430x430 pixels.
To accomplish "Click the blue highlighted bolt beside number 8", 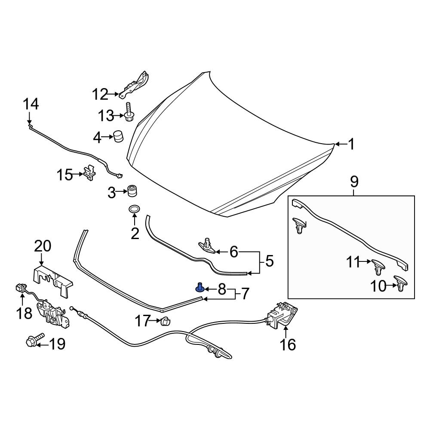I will click(200, 287).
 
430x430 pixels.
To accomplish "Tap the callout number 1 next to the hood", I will click(351, 144).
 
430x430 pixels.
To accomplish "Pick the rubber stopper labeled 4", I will click(117, 137).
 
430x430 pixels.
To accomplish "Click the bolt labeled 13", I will click(129, 112).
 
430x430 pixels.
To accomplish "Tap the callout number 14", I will click(31, 104).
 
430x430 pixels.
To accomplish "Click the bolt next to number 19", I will click(35, 342).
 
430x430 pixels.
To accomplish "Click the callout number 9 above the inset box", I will click(354, 182).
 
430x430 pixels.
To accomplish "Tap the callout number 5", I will click(269, 261).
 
